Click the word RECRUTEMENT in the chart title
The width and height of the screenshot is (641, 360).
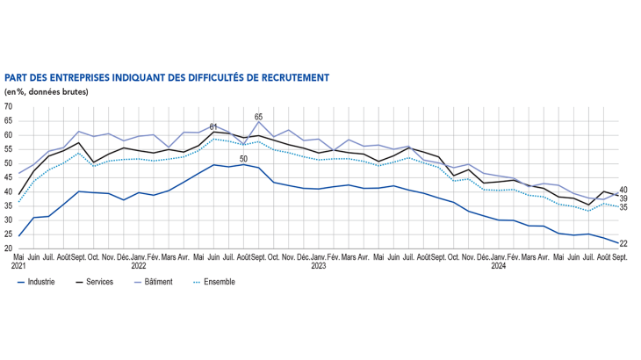tap(292, 77)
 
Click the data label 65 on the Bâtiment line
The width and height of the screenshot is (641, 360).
tap(259, 116)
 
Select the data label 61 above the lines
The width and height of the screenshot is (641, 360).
tap(213, 126)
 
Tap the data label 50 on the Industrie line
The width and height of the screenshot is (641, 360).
tap(243, 158)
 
